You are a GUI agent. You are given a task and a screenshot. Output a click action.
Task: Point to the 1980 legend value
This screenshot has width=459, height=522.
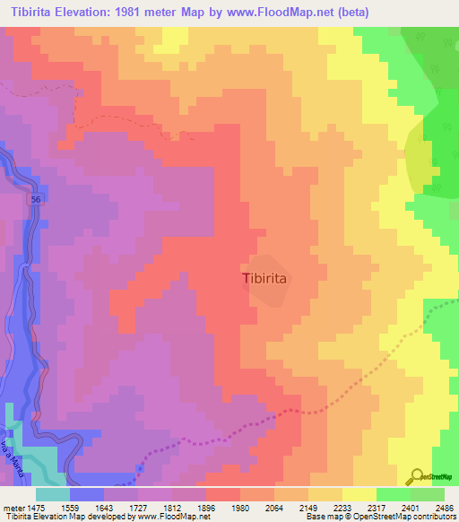click(258, 507)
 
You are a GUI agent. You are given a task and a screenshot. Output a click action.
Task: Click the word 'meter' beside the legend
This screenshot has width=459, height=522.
click(13, 507)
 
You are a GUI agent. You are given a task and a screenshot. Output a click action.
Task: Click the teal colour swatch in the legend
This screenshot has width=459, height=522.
click(53, 494)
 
